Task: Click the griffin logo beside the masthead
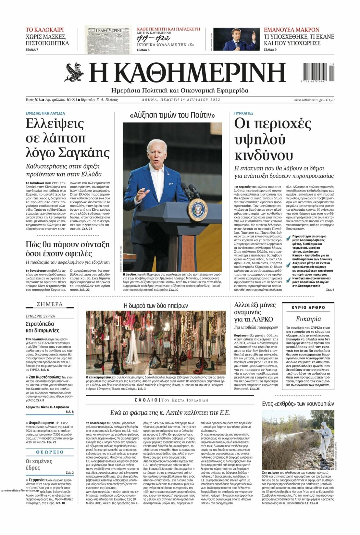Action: (x=74, y=72)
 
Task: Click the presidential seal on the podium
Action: (x=197, y=210)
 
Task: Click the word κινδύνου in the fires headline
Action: (x=263, y=155)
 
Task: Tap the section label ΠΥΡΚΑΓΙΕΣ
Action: (x=244, y=113)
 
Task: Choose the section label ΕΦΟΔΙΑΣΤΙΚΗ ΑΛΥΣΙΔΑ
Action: (x=45, y=113)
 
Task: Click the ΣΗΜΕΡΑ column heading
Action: (x=50, y=304)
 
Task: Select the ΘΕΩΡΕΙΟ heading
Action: (x=50, y=452)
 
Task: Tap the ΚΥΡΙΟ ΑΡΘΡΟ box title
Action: (x=308, y=308)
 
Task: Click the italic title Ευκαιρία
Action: (x=308, y=319)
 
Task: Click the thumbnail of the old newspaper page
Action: (x=108, y=40)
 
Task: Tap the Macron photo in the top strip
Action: (x=236, y=39)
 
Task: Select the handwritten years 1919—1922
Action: (x=153, y=38)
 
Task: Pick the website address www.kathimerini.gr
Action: (x=308, y=100)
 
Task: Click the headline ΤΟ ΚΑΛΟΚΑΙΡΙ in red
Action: (x=45, y=30)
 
